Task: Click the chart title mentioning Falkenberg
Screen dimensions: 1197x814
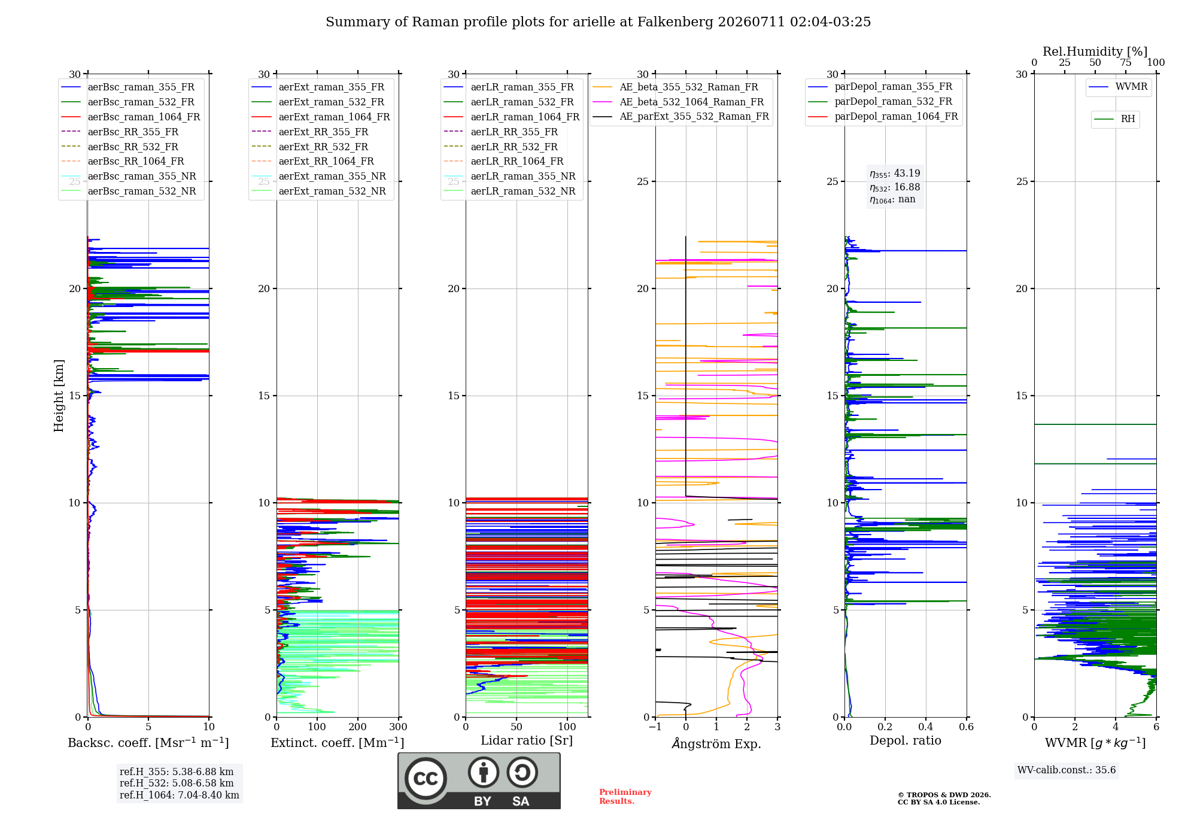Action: [x=598, y=22]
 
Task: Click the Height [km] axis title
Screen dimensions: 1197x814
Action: [x=59, y=396]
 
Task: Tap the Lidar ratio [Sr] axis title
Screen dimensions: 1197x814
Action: [x=527, y=741]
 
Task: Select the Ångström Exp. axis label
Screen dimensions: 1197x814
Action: [x=716, y=743]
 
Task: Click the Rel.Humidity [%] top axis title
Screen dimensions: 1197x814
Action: [x=1095, y=51]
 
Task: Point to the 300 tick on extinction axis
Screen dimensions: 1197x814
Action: [x=399, y=727]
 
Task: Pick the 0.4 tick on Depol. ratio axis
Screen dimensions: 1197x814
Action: [x=926, y=727]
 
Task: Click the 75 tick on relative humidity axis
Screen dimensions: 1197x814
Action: [x=1126, y=63]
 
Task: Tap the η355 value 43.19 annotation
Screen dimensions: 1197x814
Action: [x=895, y=174]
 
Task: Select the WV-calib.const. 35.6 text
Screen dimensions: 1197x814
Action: [x=1067, y=770]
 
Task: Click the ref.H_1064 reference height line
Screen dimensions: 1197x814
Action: [x=180, y=795]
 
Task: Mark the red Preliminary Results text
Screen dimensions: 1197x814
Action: [x=625, y=797]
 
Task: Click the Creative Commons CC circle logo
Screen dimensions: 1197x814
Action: [x=426, y=778]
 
